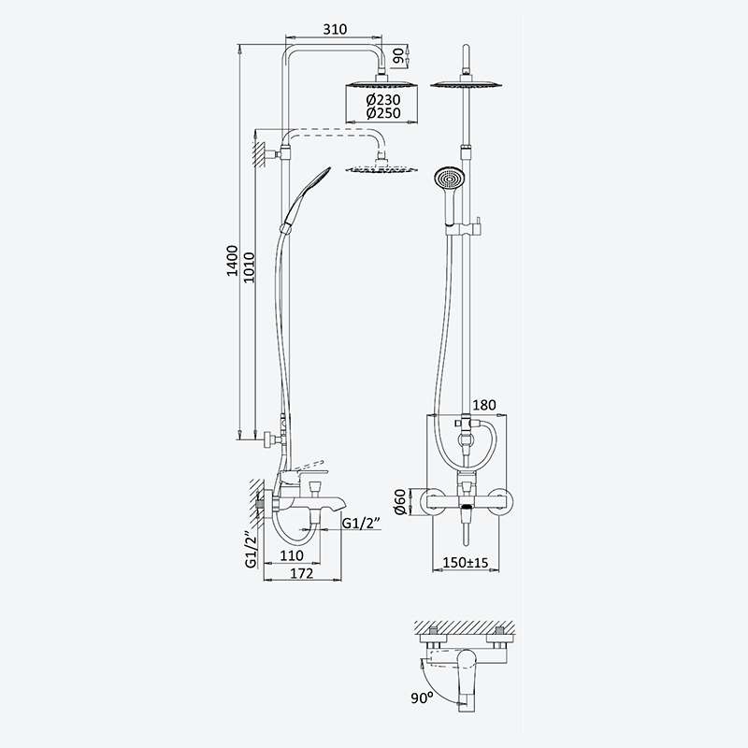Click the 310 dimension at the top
[x=335, y=29]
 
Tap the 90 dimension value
[x=398, y=56]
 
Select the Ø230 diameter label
[x=383, y=100]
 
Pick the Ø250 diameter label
[x=383, y=113]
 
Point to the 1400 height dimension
[x=232, y=261]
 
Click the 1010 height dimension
[x=249, y=267]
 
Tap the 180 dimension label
[x=483, y=405]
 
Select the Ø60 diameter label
[x=400, y=502]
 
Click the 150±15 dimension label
[x=466, y=563]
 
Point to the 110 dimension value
[x=292, y=555]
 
